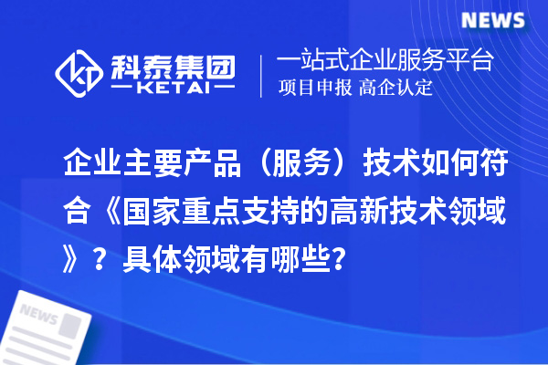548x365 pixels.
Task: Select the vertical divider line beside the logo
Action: [263, 75]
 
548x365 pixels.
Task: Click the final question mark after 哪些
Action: [339, 262]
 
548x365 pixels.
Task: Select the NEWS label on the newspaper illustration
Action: [38, 314]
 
